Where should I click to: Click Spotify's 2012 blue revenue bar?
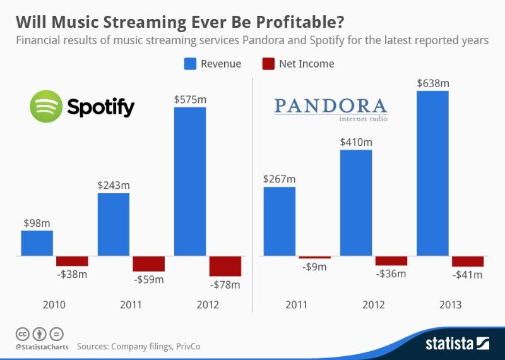189,181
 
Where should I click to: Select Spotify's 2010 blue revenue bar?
37,243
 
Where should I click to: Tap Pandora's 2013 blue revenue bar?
432,173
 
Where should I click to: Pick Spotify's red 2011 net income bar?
148,263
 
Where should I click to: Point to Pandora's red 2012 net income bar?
391,261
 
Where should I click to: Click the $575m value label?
189,99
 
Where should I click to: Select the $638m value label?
432,83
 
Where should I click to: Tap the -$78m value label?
225,285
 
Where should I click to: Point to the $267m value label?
279,179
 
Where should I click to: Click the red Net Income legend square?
267,64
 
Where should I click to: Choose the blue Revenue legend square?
189,64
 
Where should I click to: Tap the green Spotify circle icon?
46,106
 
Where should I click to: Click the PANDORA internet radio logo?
331,108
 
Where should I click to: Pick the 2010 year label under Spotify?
54,305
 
